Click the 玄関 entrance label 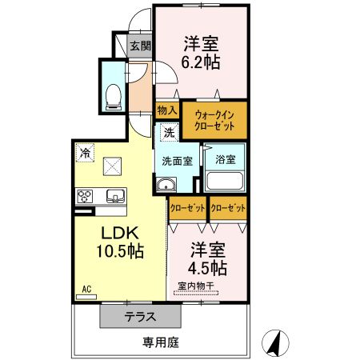140,46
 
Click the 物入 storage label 166,110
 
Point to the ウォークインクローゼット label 214,119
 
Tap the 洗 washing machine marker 169,133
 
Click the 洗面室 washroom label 177,160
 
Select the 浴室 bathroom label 224,158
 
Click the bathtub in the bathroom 225,181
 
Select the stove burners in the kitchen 85,194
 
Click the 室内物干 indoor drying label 195,286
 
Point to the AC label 86,289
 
